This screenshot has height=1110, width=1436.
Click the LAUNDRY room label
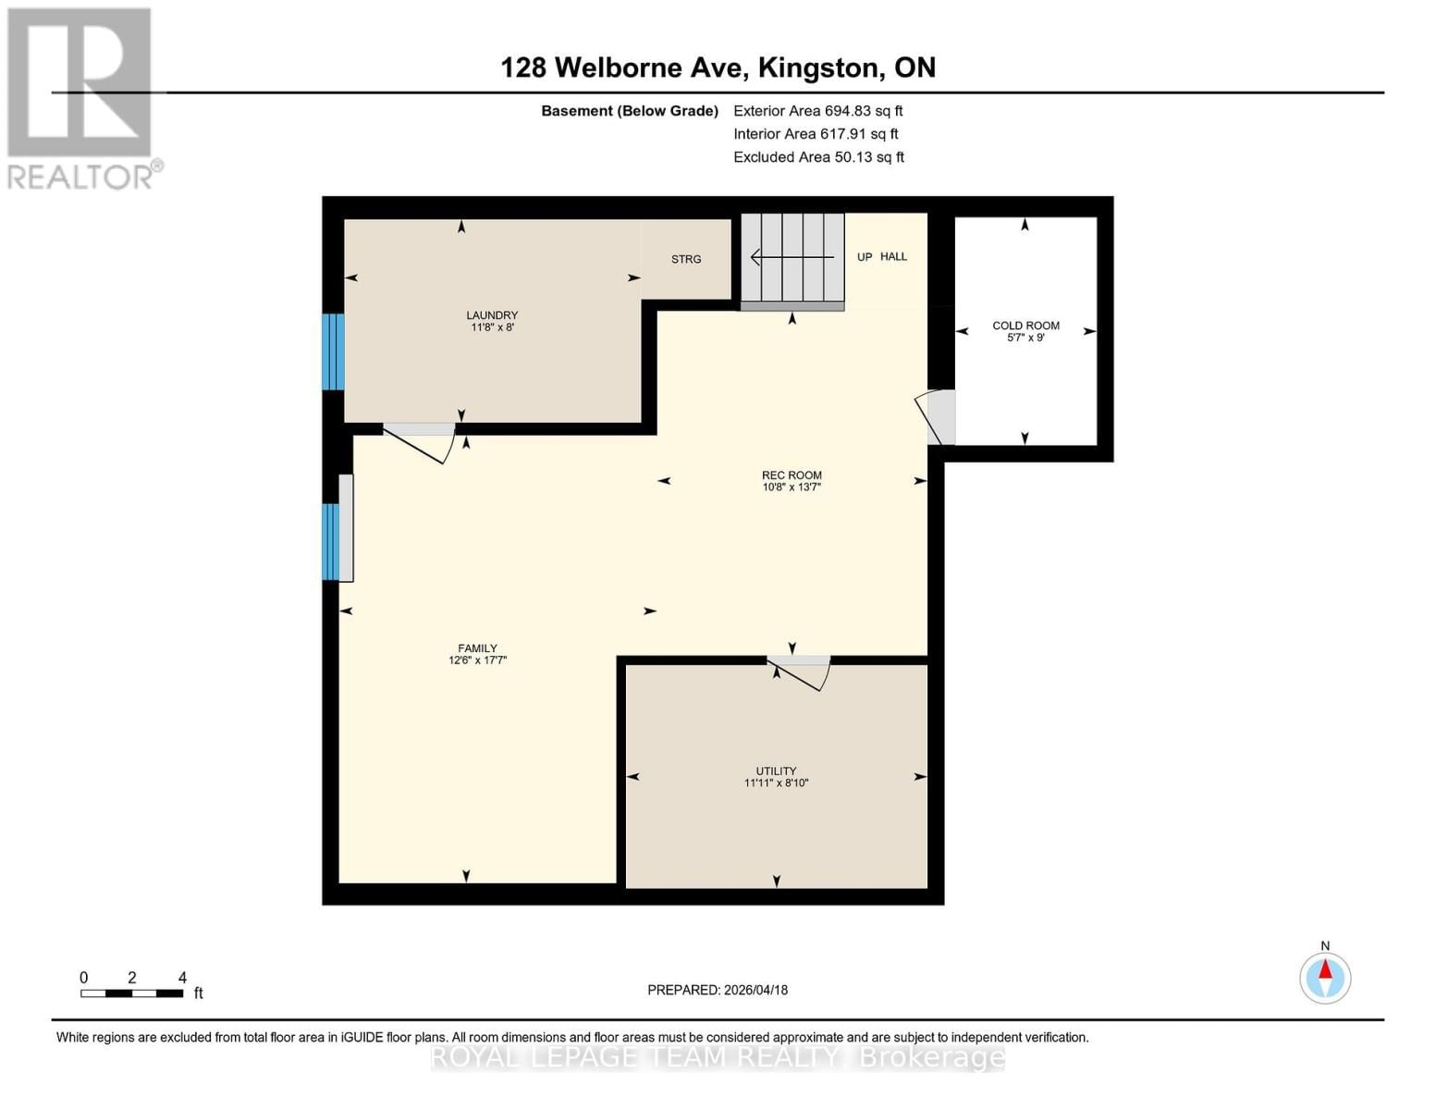[x=492, y=321]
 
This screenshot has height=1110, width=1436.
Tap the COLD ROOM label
[x=1025, y=331]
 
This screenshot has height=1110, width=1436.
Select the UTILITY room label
[x=776, y=776]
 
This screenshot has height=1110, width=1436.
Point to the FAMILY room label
[x=477, y=654]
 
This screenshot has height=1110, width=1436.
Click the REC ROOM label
[x=792, y=480]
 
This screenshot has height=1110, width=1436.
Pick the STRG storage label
[x=686, y=259]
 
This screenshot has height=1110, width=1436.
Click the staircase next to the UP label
[x=792, y=258]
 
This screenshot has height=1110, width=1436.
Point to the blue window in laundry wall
[x=333, y=351]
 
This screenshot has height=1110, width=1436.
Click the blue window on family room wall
[x=330, y=542]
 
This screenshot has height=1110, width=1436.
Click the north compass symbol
[x=1325, y=977]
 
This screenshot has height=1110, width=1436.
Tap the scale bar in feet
[x=131, y=993]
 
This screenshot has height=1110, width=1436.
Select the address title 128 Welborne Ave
[x=718, y=68]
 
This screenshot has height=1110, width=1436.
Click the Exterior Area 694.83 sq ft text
[x=817, y=111]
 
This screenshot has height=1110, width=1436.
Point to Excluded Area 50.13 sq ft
[x=818, y=157]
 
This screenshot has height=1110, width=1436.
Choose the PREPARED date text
[x=718, y=990]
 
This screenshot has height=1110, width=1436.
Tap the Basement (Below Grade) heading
[x=630, y=111]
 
